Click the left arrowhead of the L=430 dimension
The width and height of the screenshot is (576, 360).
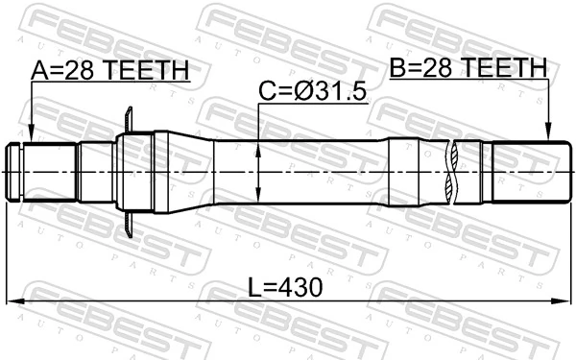coord(12,302)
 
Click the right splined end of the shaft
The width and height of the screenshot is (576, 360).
coord(523,172)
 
